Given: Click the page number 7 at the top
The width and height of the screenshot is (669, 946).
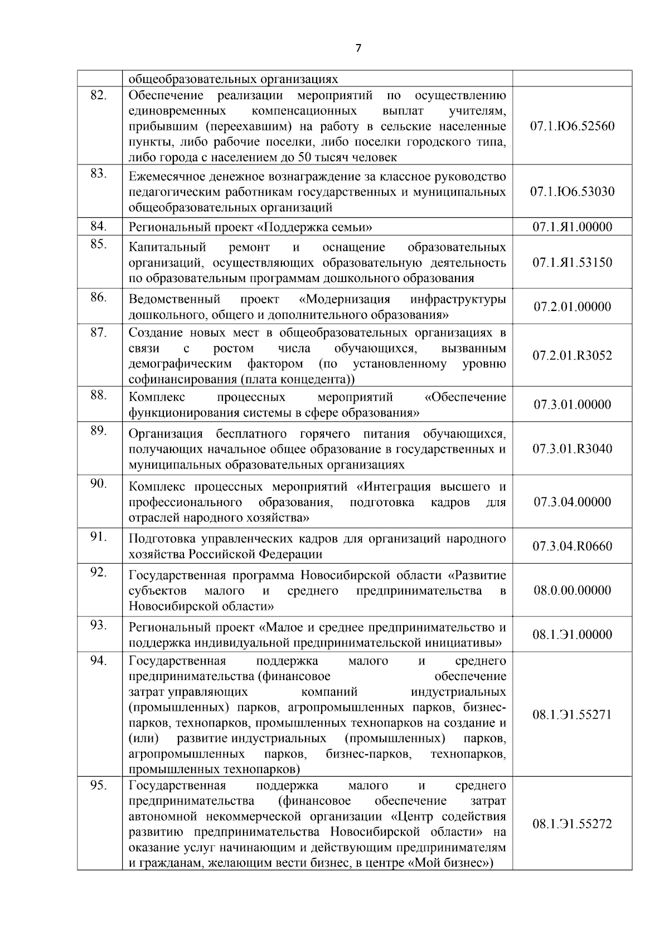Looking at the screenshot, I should pyautogui.click(x=358, y=48).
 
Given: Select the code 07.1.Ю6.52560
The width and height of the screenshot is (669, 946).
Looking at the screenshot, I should pyautogui.click(x=572, y=126).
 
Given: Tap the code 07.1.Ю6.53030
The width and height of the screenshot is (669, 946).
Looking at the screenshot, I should pyautogui.click(x=572, y=192).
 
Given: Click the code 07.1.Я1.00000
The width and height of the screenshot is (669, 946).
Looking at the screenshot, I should pyautogui.click(x=572, y=227).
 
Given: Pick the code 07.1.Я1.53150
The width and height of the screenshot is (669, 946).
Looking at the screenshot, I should pyautogui.click(x=572, y=263).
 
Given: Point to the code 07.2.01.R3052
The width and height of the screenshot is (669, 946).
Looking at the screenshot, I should pyautogui.click(x=572, y=356).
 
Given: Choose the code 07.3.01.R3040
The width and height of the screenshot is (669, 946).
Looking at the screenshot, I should pyautogui.click(x=572, y=449).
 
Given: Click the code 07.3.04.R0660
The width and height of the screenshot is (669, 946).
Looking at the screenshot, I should pyautogui.click(x=572, y=546).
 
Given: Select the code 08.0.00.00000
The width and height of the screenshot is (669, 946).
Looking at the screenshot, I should pyautogui.click(x=572, y=590).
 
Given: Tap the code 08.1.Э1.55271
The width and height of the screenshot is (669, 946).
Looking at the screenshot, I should pyautogui.click(x=572, y=715).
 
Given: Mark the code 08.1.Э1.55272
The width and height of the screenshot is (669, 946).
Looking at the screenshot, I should pyautogui.click(x=572, y=824).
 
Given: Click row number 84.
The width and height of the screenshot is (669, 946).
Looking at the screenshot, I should pyautogui.click(x=99, y=226).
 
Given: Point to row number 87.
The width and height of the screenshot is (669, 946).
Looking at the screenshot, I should pyautogui.click(x=99, y=332).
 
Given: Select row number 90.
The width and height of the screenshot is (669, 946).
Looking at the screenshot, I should pyautogui.click(x=99, y=484).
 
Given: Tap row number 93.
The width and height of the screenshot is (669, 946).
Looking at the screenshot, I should pyautogui.click(x=99, y=625).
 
